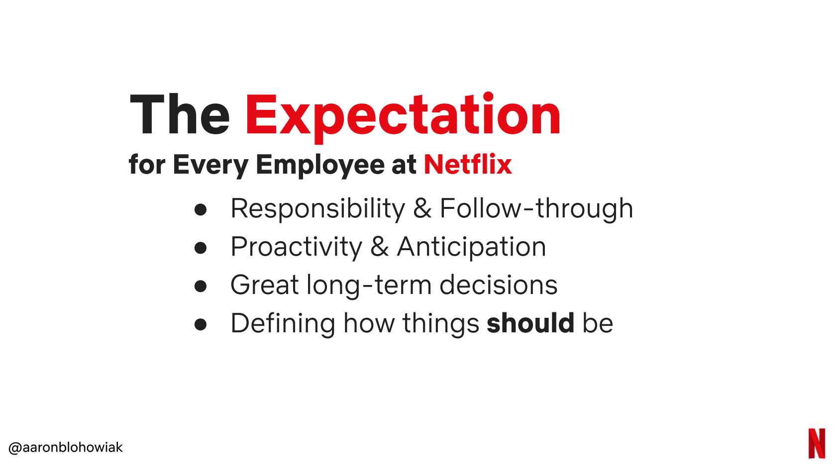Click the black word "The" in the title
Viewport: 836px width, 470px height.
pyautogui.click(x=180, y=114)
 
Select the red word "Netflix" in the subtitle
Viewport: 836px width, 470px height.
pyautogui.click(x=468, y=164)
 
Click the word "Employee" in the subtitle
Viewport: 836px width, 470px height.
pyautogui.click(x=320, y=166)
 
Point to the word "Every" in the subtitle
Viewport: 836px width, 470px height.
pyautogui.click(x=210, y=166)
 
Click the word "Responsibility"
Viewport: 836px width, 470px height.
pyautogui.click(x=317, y=209)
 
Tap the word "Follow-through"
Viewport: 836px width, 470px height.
pyautogui.click(x=536, y=209)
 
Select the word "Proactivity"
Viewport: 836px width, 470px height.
pyautogui.click(x=297, y=247)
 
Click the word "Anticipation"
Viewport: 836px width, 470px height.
pyautogui.click(x=471, y=247)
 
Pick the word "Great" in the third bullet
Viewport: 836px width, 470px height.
pyautogui.click(x=265, y=284)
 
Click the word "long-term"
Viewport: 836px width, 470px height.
pyautogui.click(x=369, y=285)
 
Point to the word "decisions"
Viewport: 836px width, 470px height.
pyautogui.click(x=498, y=284)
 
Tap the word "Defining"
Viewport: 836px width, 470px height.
pyautogui.click(x=283, y=324)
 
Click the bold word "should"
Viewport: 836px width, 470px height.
pyautogui.click(x=530, y=323)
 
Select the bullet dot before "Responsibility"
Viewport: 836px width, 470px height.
pyautogui.click(x=201, y=210)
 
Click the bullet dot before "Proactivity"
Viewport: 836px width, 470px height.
pyautogui.click(x=201, y=248)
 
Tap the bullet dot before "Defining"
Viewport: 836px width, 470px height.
pyautogui.click(x=201, y=324)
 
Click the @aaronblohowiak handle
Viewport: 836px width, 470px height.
pyautogui.click(x=65, y=447)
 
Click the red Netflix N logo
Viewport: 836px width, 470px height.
pyautogui.click(x=817, y=444)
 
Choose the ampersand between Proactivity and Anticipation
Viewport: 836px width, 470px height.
pyautogui.click(x=380, y=247)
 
